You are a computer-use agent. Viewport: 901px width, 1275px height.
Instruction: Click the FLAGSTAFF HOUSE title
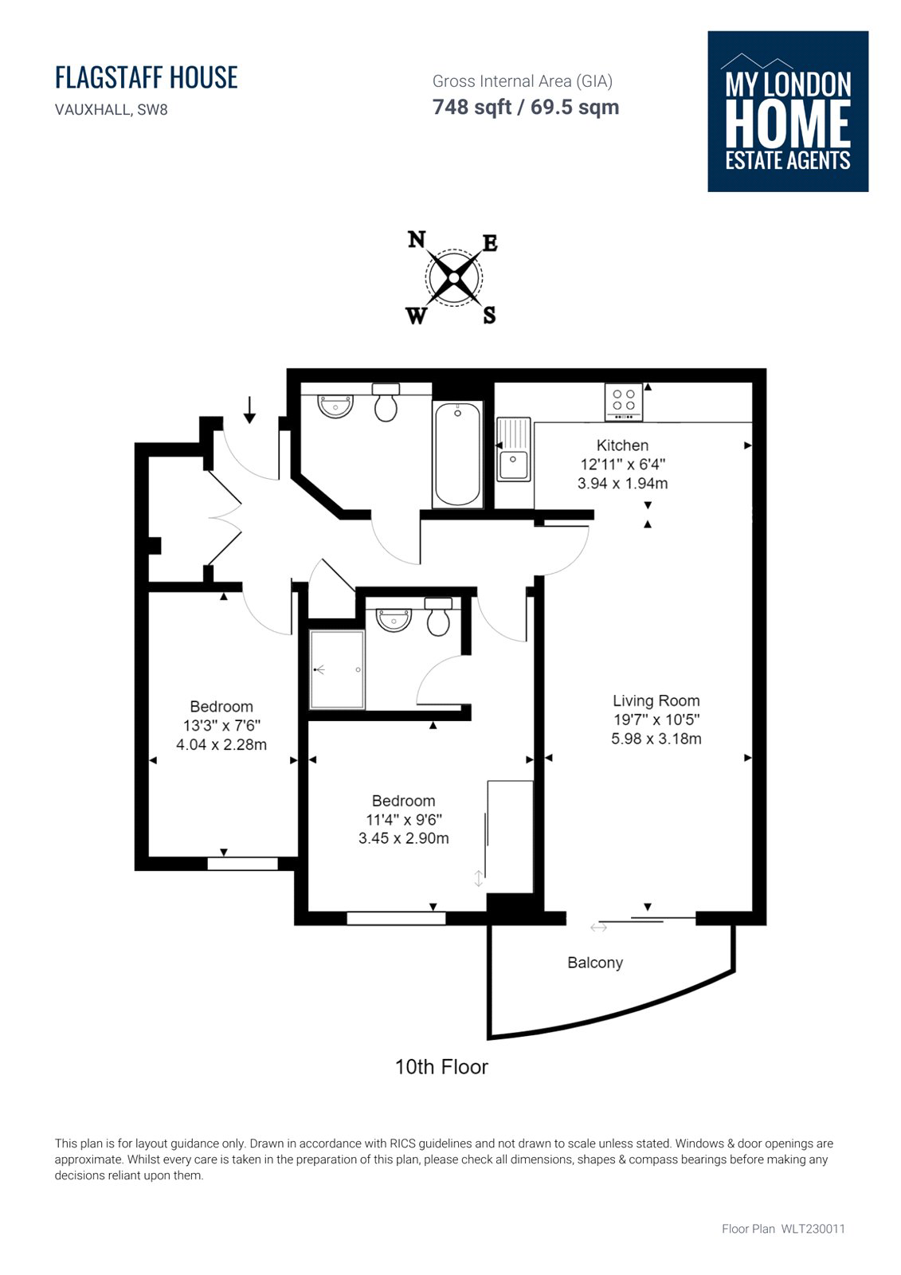147,77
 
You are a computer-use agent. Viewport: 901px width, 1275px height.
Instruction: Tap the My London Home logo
788,112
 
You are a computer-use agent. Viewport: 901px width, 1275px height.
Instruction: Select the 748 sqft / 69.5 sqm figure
525,107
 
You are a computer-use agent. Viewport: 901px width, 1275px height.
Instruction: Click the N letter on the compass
417,240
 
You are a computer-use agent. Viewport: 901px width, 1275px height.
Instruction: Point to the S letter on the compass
489,315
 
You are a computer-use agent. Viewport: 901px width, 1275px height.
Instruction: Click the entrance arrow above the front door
249,410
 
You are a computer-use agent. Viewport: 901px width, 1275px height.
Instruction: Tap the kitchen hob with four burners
624,402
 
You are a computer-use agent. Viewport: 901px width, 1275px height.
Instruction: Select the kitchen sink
513,449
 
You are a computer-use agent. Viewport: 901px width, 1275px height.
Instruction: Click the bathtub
457,454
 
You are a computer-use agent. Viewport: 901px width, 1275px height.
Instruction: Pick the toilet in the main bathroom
386,402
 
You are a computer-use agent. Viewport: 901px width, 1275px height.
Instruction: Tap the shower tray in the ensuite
337,669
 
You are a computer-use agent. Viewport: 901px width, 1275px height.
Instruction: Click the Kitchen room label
622,445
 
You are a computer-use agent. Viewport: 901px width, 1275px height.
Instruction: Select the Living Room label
656,700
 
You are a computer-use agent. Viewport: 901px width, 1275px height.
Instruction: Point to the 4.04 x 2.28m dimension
221,744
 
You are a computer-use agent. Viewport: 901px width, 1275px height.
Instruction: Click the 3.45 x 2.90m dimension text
404,838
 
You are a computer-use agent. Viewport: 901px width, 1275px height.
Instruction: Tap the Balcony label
595,963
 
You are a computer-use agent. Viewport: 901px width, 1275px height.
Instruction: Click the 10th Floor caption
441,1067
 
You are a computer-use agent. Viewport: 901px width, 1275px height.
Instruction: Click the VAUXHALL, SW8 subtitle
112,110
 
